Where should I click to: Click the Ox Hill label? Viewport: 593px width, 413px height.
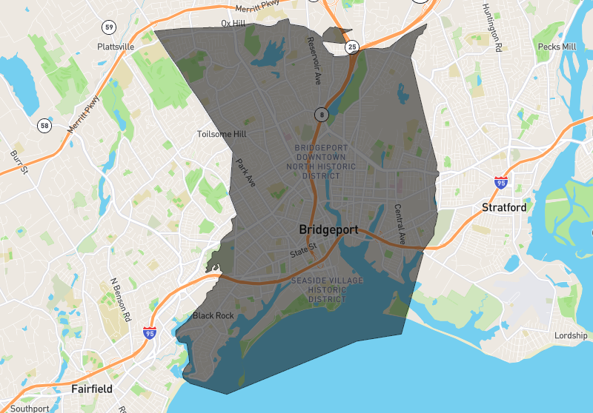[233, 24]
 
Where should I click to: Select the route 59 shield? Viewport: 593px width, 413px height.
[109, 27]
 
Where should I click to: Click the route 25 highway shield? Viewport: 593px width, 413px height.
[352, 47]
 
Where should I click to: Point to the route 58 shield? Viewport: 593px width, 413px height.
[44, 126]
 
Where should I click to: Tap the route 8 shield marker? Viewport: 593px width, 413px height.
[320, 114]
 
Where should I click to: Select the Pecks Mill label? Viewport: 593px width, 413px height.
[557, 47]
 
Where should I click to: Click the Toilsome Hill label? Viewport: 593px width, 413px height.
[222, 134]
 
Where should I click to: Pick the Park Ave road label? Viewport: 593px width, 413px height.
[245, 172]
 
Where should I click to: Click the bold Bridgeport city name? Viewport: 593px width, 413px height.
[328, 229]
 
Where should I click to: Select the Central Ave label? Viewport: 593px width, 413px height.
[400, 224]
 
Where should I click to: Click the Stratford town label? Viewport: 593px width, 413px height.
[504, 207]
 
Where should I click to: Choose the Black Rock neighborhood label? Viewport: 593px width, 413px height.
[213, 316]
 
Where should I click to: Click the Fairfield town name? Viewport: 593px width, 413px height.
[92, 388]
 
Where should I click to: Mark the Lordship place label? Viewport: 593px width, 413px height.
[571, 336]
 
